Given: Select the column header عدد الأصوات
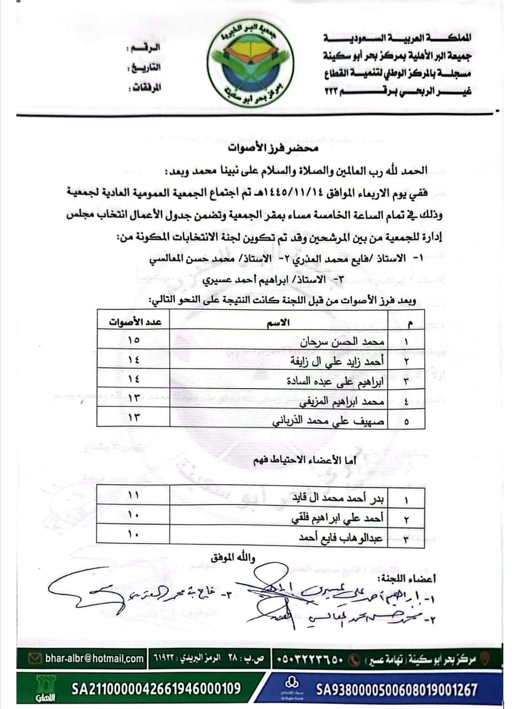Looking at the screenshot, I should (x=135, y=322).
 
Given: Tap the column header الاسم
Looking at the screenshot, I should (x=278, y=323).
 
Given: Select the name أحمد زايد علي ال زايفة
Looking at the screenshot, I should (x=337, y=361).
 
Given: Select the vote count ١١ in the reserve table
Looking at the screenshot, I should (x=133, y=495).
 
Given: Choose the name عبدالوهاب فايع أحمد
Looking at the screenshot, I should (x=341, y=538).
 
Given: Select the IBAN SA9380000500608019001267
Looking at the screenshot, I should (x=396, y=690).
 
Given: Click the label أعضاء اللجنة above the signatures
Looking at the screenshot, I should (x=407, y=578).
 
